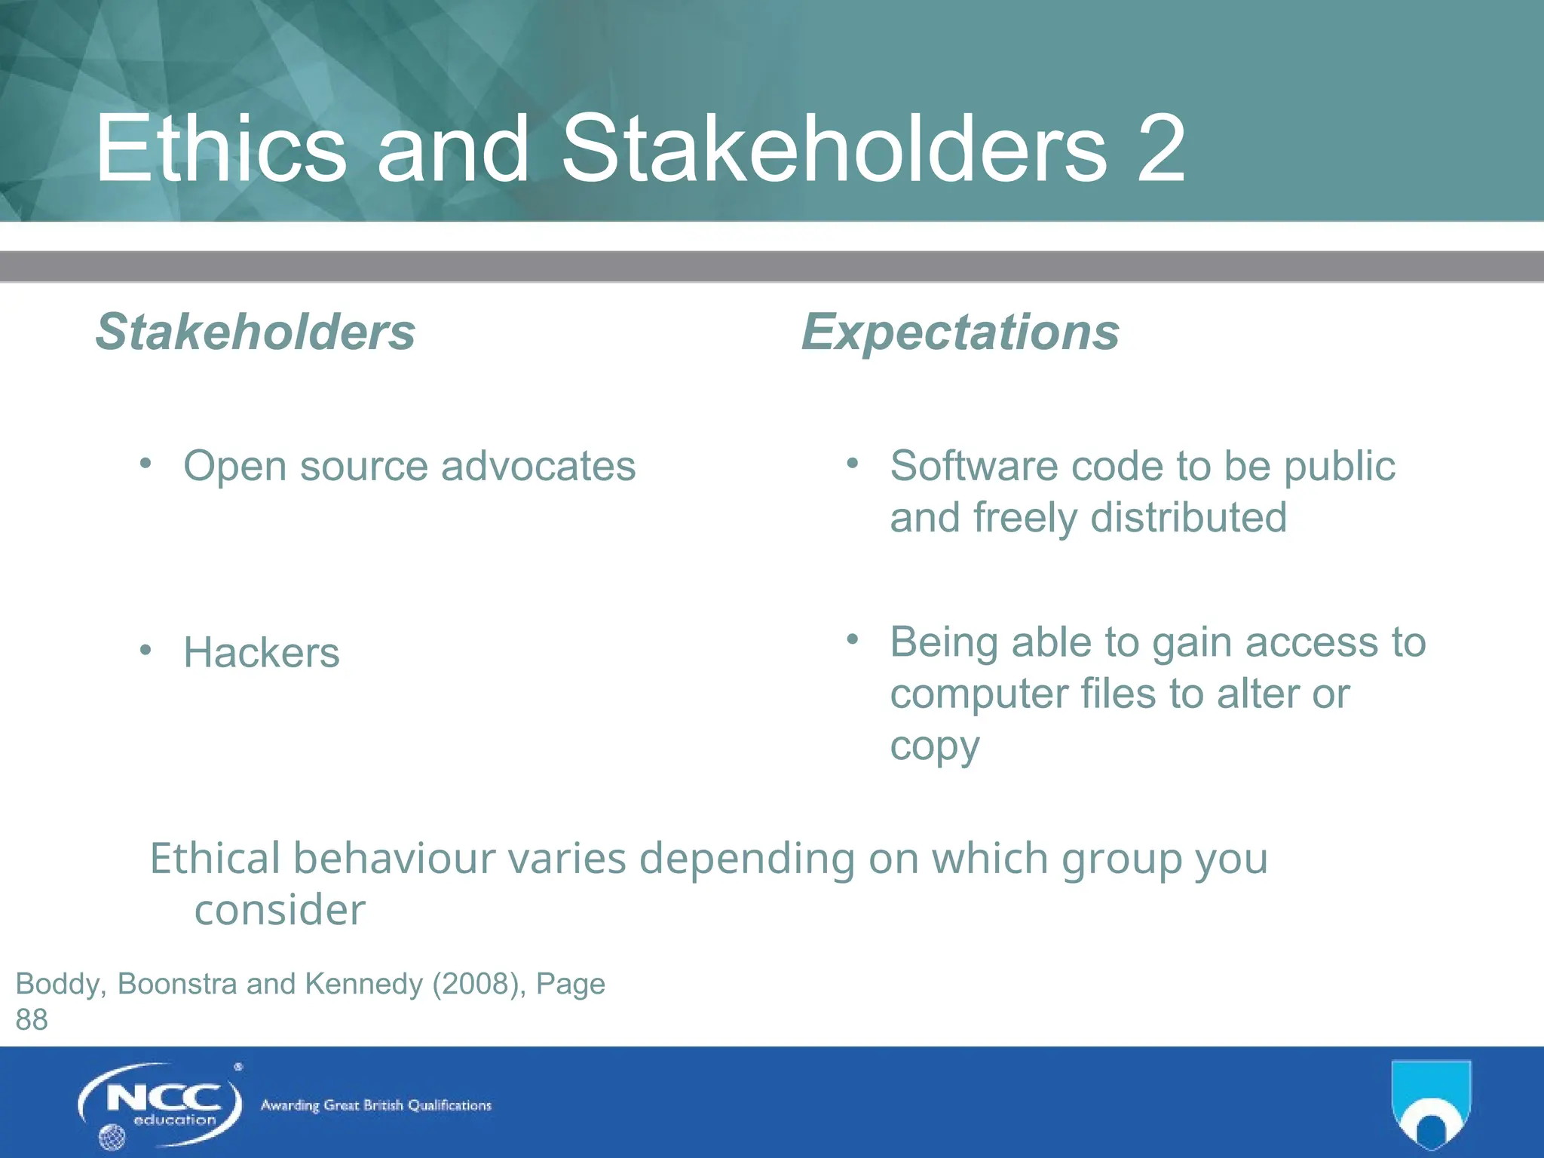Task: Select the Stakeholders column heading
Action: point(255,332)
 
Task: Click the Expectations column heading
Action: point(960,332)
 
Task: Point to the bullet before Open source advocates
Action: point(146,462)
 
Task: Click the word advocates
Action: point(538,466)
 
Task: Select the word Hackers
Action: point(261,652)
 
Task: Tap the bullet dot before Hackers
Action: point(146,649)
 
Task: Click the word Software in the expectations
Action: point(973,466)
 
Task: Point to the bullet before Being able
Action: point(853,639)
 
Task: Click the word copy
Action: point(934,746)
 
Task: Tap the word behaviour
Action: point(459,858)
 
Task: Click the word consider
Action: point(280,910)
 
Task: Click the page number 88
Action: point(32,1020)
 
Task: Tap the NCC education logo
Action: point(161,1105)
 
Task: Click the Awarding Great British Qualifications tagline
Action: point(375,1105)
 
